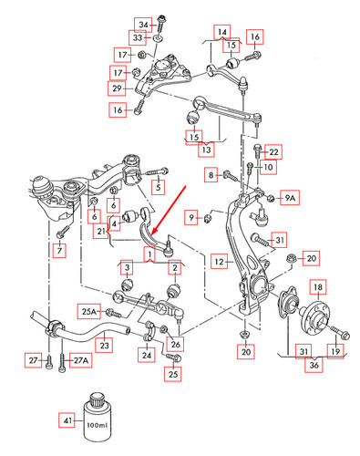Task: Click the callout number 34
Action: point(143,23)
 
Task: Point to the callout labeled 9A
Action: point(289,198)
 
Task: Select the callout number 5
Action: point(159,188)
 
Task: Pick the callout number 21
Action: point(101,232)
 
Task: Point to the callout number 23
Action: point(106,346)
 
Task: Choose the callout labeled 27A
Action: point(81,361)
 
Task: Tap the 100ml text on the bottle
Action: point(96,425)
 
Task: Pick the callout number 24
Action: point(148,354)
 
